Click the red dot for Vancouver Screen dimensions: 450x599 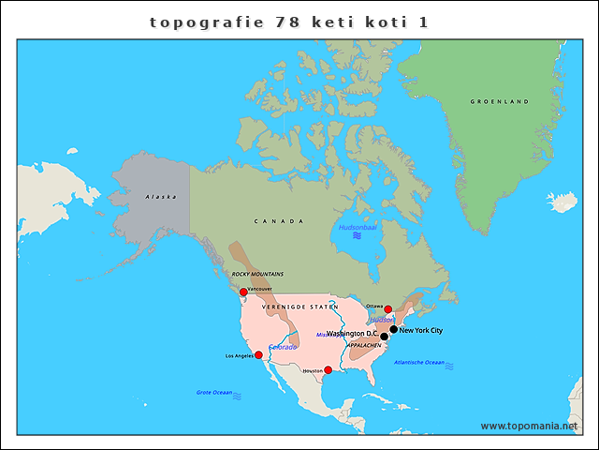[x=243, y=292]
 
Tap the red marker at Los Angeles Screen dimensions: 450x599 [x=258, y=355]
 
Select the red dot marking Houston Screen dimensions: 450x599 [x=328, y=369]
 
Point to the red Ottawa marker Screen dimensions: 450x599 [x=388, y=308]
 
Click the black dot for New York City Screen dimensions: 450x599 [x=394, y=329]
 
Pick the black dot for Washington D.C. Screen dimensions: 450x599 [x=384, y=337]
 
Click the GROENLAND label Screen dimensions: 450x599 [x=499, y=101]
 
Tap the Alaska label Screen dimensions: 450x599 [x=160, y=196]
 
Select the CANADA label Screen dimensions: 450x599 [x=279, y=221]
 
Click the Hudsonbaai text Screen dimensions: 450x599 [x=358, y=227]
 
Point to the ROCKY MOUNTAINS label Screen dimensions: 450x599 [x=257, y=274]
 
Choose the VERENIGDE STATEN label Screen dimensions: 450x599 [x=299, y=307]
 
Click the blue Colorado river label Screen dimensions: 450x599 [x=283, y=347]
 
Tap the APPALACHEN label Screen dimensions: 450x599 [x=364, y=345]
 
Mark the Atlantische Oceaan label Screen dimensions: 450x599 [x=419, y=362]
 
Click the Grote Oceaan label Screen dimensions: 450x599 [x=214, y=392]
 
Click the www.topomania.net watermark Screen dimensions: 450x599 [x=529, y=426]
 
